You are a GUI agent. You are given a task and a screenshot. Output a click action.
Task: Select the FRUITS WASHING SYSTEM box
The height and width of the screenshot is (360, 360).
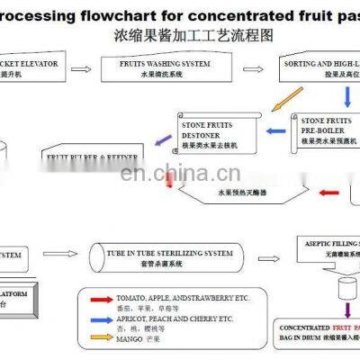(158, 70)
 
